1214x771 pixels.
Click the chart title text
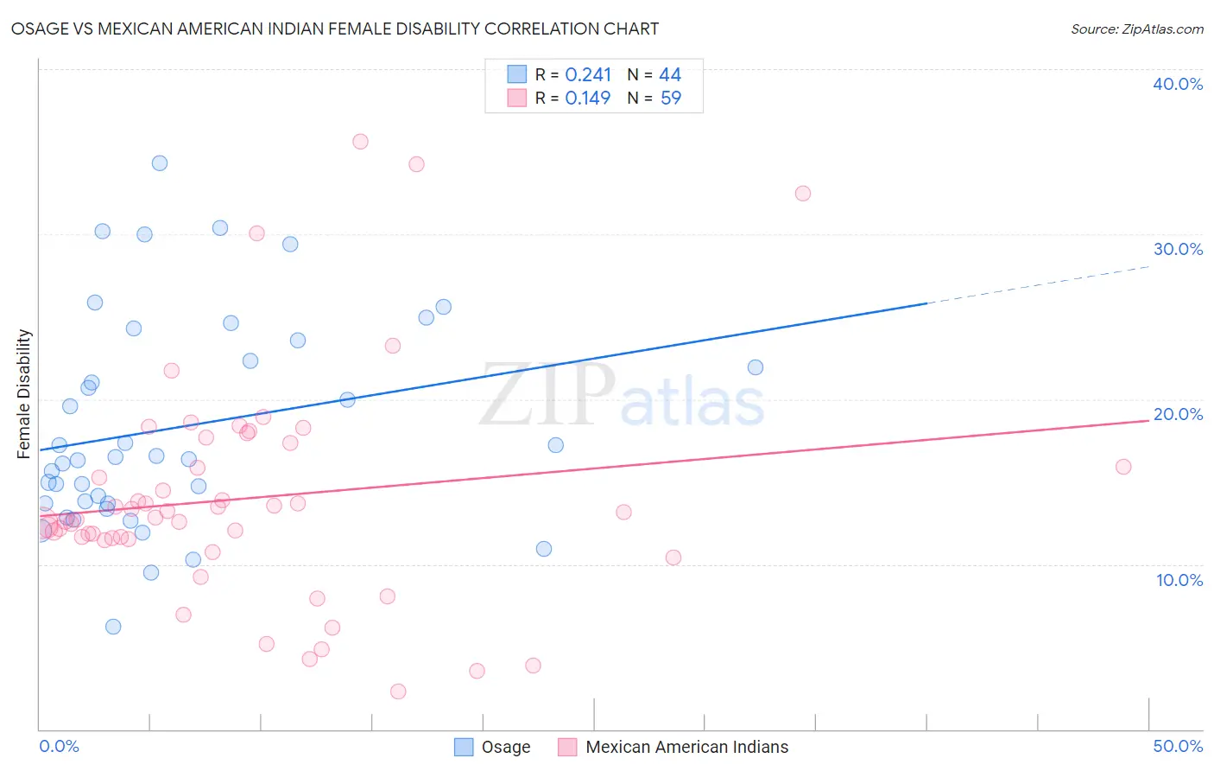(335, 29)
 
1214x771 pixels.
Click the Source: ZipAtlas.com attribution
(1136, 29)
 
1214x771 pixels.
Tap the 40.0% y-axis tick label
(1178, 84)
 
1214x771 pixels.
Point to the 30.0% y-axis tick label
(1178, 249)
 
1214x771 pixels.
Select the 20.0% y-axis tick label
(1178, 414)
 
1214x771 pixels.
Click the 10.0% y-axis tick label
(1179, 580)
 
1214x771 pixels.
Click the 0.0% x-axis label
(59, 746)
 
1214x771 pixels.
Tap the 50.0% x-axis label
(1178, 746)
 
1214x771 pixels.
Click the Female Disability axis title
(24, 393)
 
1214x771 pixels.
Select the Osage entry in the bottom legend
(493, 747)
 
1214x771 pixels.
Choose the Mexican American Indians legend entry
(674, 747)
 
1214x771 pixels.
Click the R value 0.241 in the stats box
(588, 75)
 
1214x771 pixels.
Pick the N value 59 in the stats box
(671, 99)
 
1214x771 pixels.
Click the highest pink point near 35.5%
(360, 142)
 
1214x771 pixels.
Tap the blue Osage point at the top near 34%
(160, 163)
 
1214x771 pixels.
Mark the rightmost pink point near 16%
(1123, 467)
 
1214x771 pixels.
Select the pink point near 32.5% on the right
(803, 194)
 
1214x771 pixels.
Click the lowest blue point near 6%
(113, 627)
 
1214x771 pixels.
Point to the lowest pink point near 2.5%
(398, 691)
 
